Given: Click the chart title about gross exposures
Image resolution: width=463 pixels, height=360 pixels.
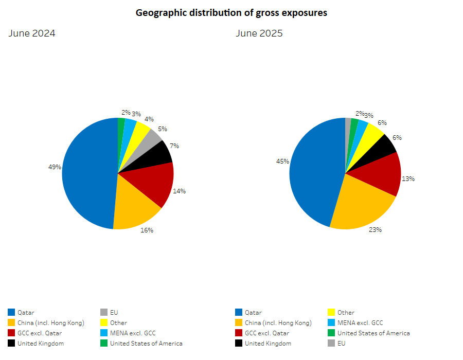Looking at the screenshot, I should tap(231, 13).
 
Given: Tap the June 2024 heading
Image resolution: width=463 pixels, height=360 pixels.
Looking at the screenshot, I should tap(32, 34).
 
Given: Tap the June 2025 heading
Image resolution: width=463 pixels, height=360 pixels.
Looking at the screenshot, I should tap(259, 34).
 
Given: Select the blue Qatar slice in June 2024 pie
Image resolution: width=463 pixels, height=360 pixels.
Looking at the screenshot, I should tap(87, 172).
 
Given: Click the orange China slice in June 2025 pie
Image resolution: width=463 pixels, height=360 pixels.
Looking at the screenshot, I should tap(360, 206).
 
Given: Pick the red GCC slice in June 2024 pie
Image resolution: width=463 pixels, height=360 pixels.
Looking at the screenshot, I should tap(149, 183).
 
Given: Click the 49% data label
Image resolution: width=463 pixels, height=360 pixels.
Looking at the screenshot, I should tap(55, 167).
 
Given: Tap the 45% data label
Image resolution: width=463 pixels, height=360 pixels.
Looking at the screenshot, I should tap(282, 161).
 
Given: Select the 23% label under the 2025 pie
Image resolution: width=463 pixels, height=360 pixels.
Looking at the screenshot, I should tap(375, 230).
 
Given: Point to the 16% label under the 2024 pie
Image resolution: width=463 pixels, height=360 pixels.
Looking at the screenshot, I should tap(147, 230).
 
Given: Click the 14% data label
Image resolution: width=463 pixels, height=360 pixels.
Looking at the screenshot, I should tap(179, 191).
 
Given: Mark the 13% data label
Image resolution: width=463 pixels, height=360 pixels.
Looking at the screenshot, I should tap(408, 179).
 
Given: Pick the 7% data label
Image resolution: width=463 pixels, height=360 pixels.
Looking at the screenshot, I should tap(174, 146).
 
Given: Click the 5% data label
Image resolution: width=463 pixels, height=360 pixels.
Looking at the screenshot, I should tap(162, 129).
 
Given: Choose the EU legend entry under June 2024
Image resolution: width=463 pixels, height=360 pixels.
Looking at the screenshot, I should tap(114, 312).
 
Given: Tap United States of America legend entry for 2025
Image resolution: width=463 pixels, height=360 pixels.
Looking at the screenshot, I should tap(373, 333).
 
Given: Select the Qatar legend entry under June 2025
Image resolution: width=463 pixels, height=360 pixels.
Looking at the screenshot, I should tap(253, 312).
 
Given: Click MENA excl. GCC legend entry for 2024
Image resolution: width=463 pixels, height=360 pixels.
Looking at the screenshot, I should tap(133, 333).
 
